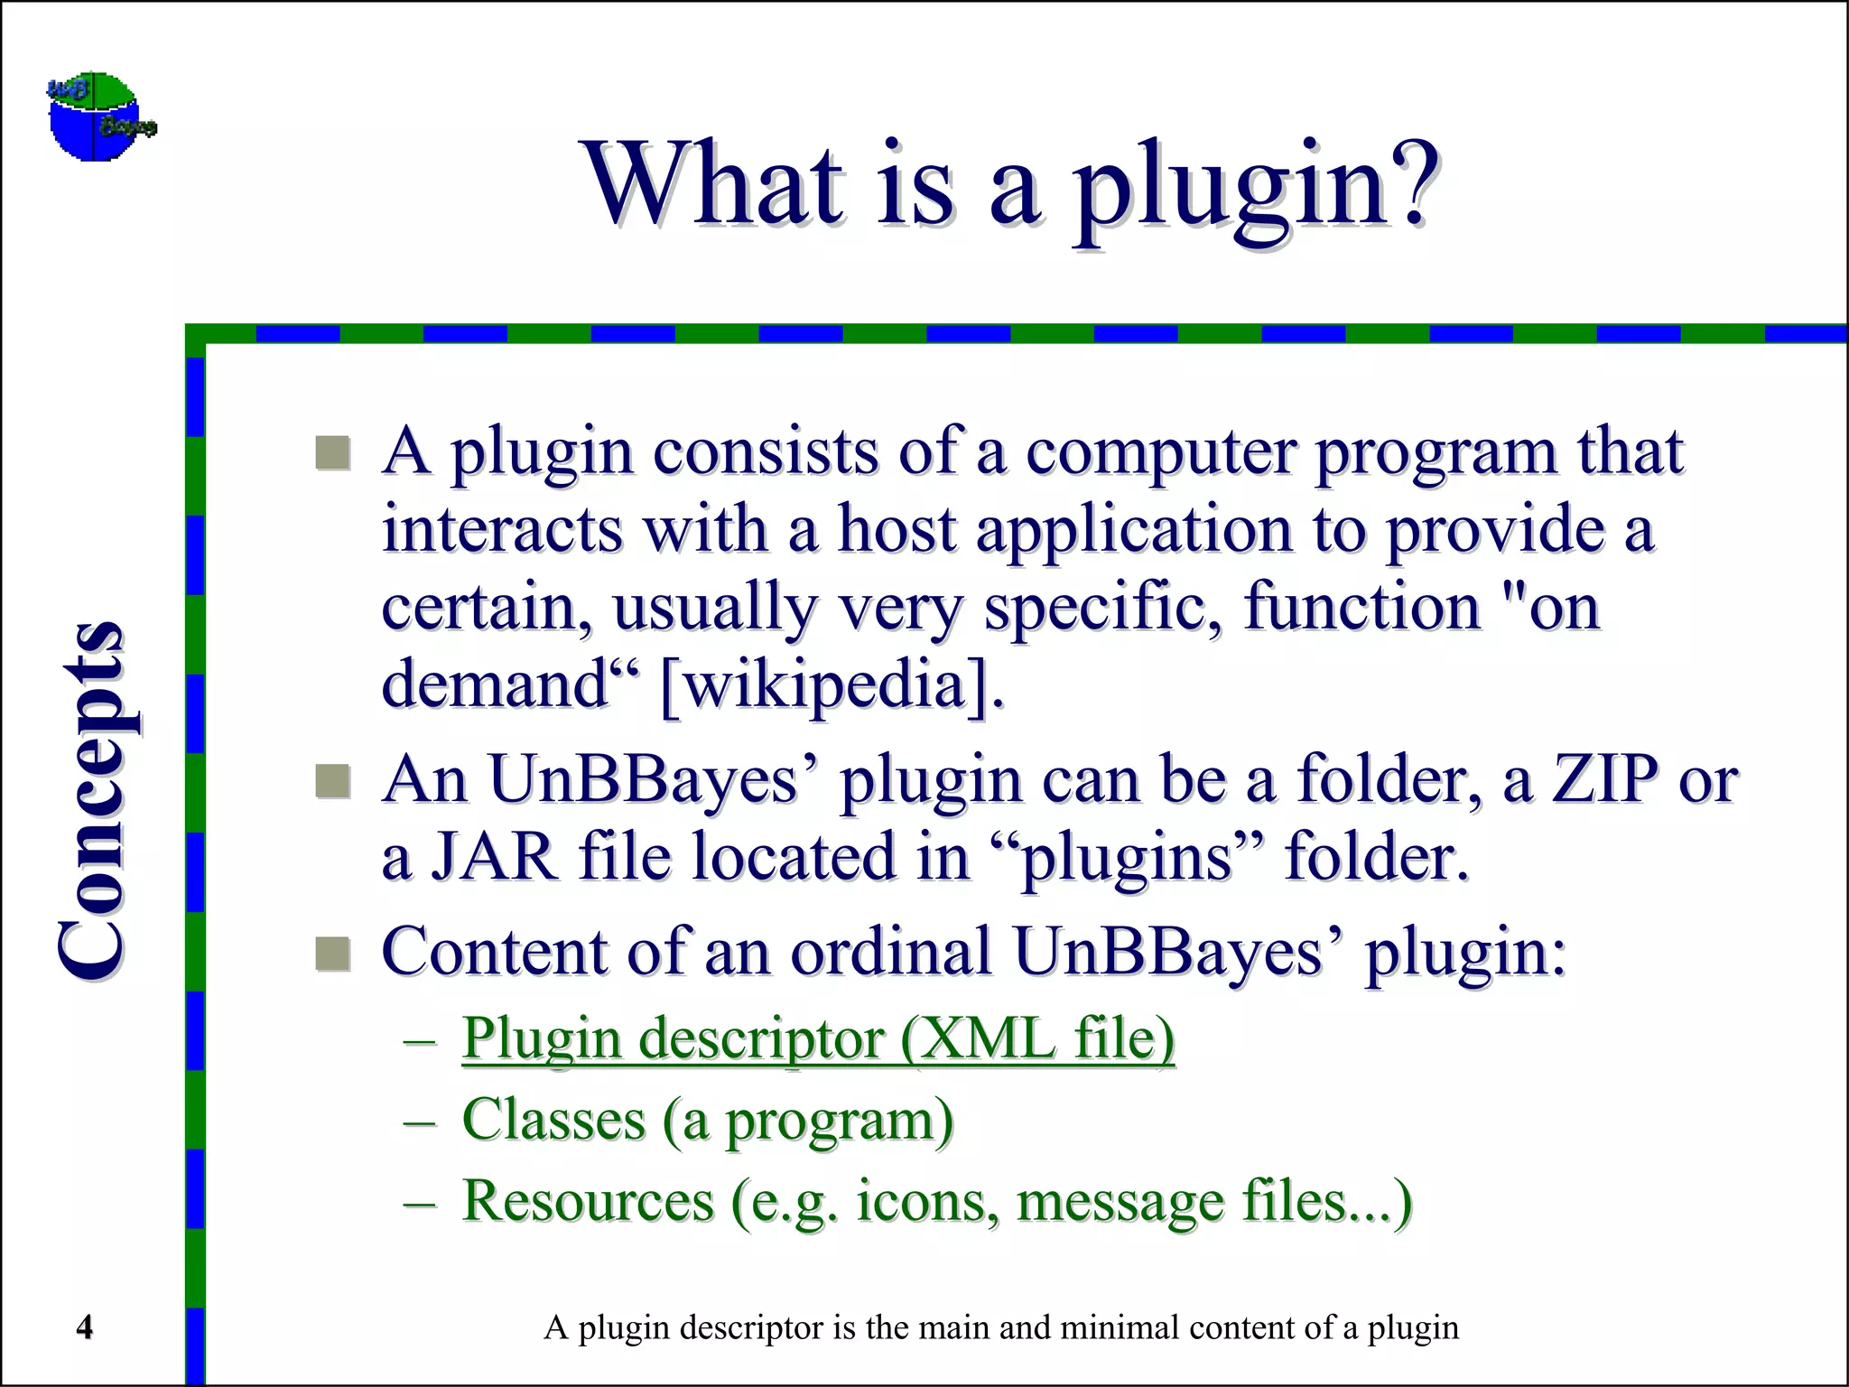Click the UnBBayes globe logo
pyautogui.click(x=100, y=116)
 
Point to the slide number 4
pyautogui.click(x=84, y=1327)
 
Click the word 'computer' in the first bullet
pyautogui.click(x=1160, y=451)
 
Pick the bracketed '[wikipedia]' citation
pyautogui.click(x=831, y=685)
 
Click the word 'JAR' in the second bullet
pyautogui.click(x=494, y=856)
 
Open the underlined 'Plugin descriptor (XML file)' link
pyautogui.click(x=818, y=1039)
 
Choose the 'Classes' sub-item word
pyautogui.click(x=553, y=1120)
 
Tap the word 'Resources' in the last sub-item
pyautogui.click(x=588, y=1201)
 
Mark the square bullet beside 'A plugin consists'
pyautogui.click(x=332, y=452)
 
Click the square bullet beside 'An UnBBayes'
pyautogui.click(x=332, y=781)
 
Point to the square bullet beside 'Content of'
pyautogui.click(x=332, y=954)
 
